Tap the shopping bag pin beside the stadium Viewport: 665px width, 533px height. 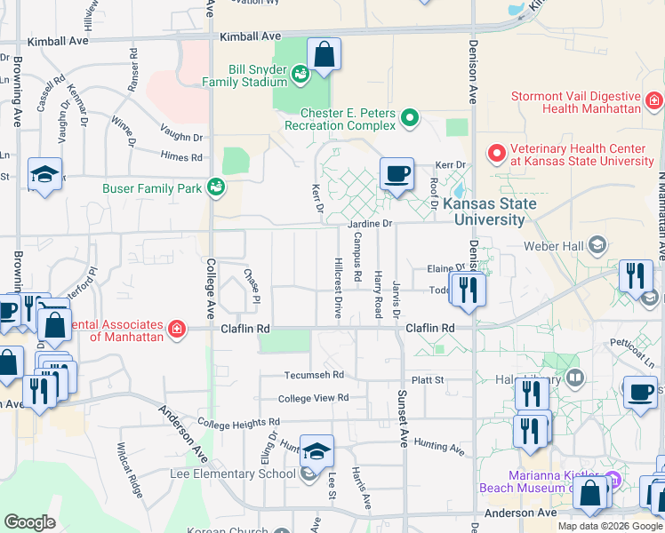324,54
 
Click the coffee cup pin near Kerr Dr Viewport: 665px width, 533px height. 397,172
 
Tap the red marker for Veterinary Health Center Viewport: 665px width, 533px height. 495,152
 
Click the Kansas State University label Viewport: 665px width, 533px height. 490,211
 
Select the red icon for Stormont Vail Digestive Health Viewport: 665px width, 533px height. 654,99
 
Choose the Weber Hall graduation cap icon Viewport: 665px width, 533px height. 597,244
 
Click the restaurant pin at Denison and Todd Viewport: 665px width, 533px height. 468,290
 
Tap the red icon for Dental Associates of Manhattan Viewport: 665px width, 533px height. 177,330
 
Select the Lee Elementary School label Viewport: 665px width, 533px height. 238,473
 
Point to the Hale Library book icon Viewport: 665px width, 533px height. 575,379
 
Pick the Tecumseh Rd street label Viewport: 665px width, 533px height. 314,375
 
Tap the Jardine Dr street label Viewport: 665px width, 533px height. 373,224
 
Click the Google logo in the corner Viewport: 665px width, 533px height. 29,522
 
